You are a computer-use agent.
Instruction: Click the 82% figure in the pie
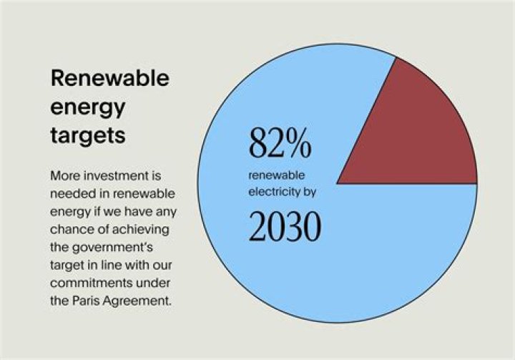pos(280,144)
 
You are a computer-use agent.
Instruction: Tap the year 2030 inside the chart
pos(284,226)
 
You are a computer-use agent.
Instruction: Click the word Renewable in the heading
pos(109,78)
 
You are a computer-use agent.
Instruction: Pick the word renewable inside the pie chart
pos(276,175)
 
